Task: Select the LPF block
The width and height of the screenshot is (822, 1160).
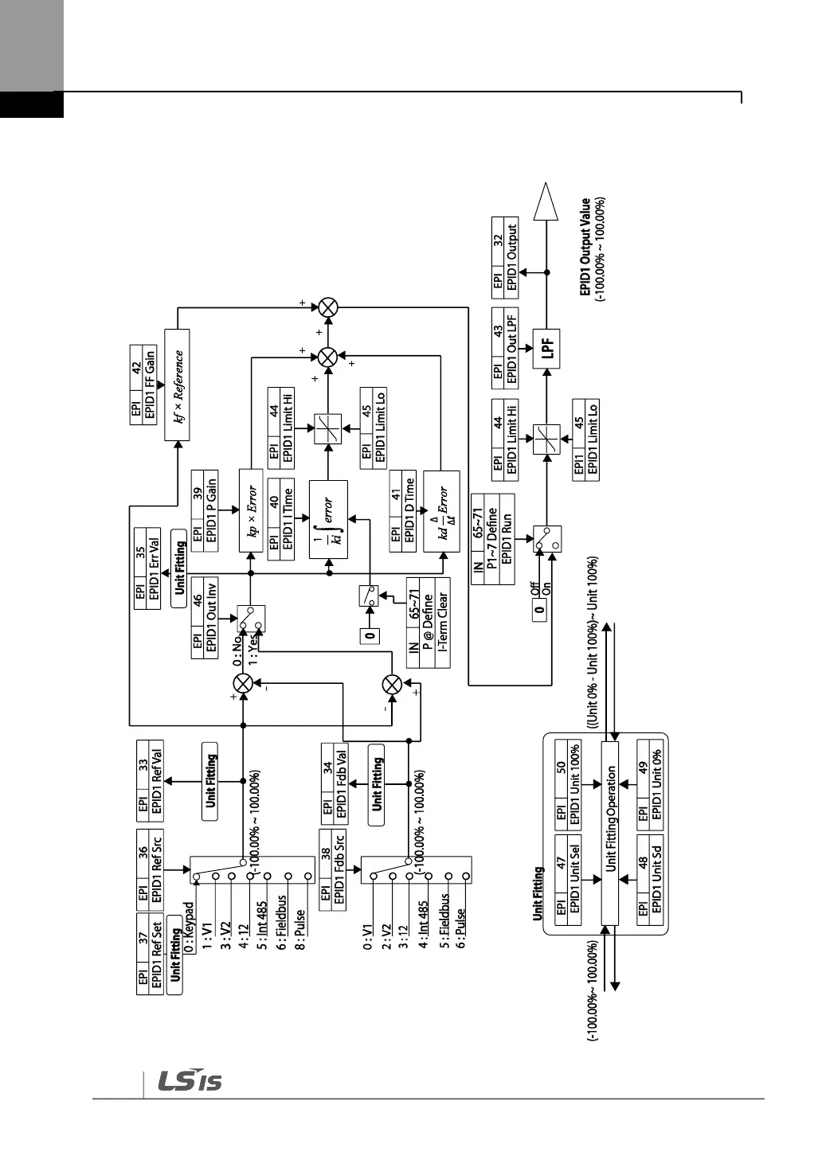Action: pos(546,349)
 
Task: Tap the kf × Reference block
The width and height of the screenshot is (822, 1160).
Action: pos(177,385)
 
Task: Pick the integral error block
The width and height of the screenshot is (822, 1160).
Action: pos(328,518)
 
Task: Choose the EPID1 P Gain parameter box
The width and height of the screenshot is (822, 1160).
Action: pos(205,510)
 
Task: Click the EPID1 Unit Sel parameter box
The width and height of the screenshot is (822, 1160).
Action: pos(568,880)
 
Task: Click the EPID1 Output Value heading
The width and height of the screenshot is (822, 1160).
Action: pos(586,248)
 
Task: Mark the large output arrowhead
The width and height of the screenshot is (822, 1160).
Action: pos(546,202)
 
